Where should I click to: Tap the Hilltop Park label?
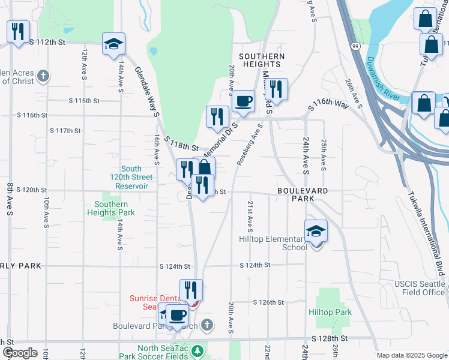(330, 313)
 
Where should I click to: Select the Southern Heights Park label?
(111, 208)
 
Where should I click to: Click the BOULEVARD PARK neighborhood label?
(303, 196)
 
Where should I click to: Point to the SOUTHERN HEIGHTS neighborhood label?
(262, 61)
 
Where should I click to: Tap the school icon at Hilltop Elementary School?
(316, 231)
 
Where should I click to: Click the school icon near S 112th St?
(113, 44)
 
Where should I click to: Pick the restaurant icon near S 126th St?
(191, 290)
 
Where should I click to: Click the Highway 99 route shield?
(355, 45)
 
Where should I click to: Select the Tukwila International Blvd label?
(426, 233)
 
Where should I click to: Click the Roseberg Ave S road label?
(251, 145)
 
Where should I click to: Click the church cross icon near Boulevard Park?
(207, 326)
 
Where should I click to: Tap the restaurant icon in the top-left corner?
(18, 32)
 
